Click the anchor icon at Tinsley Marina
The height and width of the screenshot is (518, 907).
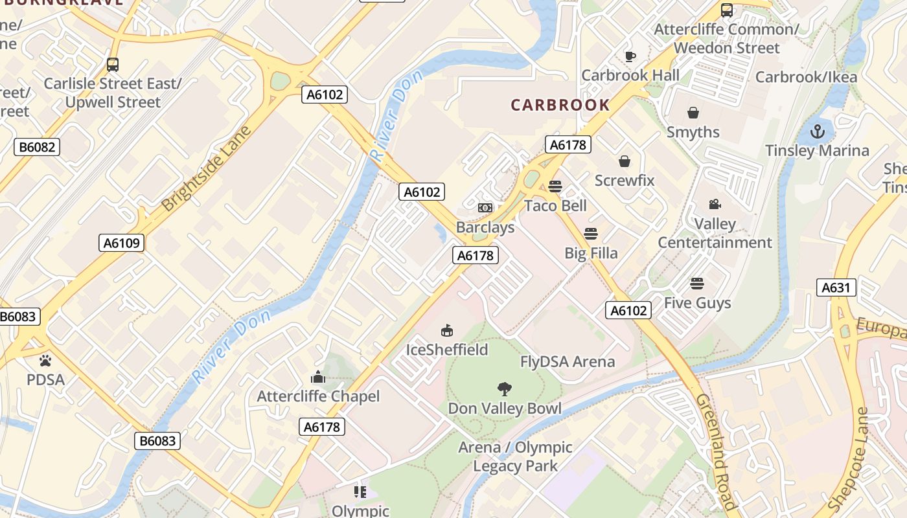(x=818, y=131)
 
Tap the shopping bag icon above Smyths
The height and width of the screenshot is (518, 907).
(x=693, y=113)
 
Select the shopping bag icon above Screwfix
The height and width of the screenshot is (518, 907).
(x=625, y=161)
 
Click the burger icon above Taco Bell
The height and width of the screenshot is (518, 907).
(x=555, y=186)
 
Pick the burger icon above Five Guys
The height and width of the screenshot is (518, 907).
(x=697, y=284)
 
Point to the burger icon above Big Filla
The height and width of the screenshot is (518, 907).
(x=591, y=233)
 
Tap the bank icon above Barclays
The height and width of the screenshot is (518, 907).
(x=485, y=208)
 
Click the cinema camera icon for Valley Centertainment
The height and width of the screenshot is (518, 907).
(x=715, y=205)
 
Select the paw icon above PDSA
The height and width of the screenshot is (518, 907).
(x=45, y=360)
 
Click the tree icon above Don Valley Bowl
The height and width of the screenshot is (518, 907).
(x=505, y=388)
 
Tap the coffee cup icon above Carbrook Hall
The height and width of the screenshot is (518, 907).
(x=630, y=56)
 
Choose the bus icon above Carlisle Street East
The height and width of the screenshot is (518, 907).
(x=113, y=65)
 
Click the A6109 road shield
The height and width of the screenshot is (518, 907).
(x=122, y=243)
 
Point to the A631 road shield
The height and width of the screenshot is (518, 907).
(x=836, y=287)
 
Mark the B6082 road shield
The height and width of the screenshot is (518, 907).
(x=37, y=147)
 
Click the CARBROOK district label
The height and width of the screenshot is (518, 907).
(x=560, y=105)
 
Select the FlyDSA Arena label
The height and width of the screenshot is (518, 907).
(x=568, y=361)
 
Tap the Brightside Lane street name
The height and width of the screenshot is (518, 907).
(x=206, y=170)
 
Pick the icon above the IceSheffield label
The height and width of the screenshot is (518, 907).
(x=446, y=331)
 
